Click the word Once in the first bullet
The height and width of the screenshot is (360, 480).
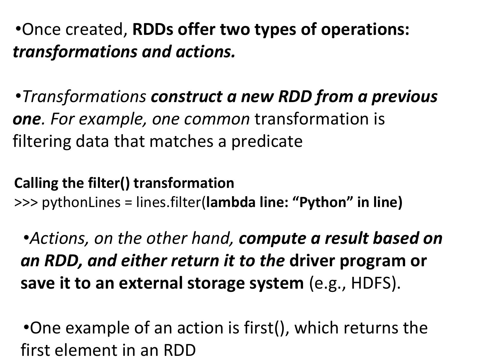coord(41,29)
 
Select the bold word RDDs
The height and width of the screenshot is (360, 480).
coord(153,29)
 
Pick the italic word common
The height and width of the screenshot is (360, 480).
coord(217,120)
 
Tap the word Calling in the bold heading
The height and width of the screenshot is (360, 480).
coord(36,184)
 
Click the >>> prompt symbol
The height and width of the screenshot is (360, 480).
coord(26,203)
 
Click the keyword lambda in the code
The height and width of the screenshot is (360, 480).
coord(231,202)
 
